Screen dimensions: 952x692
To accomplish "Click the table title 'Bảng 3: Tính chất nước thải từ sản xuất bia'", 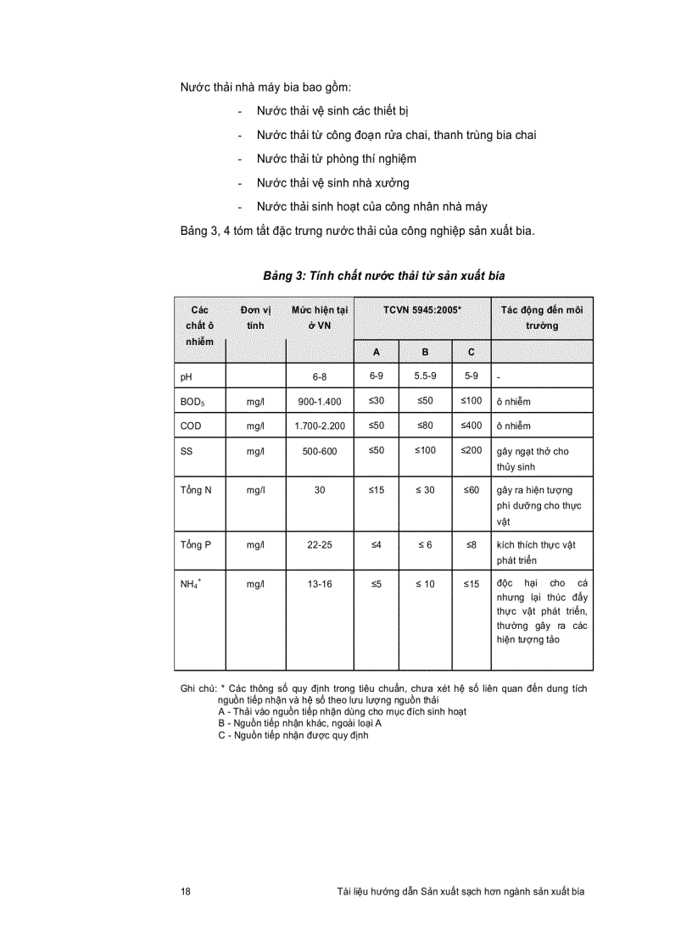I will (389, 276).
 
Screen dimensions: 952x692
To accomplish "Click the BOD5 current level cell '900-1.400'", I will (319, 402).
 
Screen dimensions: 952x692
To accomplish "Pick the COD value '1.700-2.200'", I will (319, 426).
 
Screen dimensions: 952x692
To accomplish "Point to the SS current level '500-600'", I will (319, 451).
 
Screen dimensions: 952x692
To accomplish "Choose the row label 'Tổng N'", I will (196, 491).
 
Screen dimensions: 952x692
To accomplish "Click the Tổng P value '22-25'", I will (319, 544).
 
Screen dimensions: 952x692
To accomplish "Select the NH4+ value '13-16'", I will (319, 584).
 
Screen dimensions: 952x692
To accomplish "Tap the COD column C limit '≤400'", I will (472, 426).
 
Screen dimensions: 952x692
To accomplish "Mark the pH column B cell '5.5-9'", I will (425, 376).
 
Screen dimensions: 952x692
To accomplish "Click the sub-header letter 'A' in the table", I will (377, 352).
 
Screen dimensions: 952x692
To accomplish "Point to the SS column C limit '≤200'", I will (472, 450).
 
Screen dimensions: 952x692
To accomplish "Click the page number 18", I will (186, 891).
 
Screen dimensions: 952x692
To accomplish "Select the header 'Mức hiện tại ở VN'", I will (320, 318).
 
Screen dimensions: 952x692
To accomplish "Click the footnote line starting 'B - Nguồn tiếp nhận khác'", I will (299, 723).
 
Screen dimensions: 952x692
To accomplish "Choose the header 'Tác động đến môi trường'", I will (542, 318).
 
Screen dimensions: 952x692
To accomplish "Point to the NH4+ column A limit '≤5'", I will (377, 583).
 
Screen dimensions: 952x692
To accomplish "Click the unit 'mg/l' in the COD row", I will (255, 426).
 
